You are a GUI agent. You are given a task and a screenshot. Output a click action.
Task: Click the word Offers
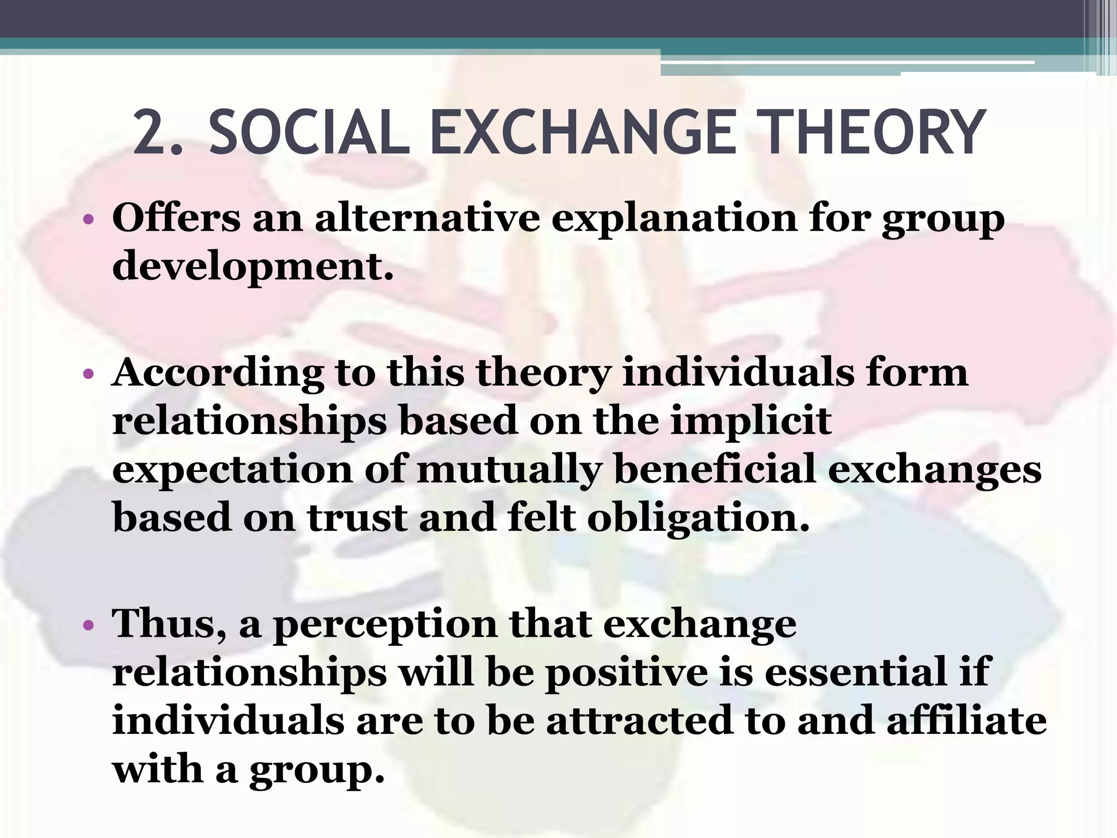[x=176, y=218]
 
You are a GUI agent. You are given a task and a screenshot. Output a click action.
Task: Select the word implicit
[x=750, y=422]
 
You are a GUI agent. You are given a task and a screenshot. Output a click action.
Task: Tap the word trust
[x=357, y=517]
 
